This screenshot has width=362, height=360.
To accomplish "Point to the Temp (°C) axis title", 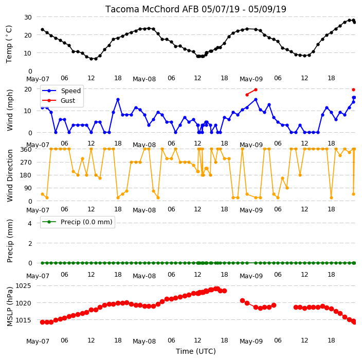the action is coord(9,44).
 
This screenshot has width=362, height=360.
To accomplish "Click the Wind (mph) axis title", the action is coord(10,110).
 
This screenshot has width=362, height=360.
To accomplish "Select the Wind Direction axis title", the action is coord(10,175).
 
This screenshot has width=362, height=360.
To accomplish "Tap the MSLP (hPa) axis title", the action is coord(10,307).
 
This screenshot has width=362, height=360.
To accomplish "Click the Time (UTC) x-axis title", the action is coord(196,351).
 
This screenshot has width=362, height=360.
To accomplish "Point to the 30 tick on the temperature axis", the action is coord(28,17).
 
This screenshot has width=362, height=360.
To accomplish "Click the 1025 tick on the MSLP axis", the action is coord(23,285).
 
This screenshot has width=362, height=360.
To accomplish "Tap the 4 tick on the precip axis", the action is coord(30,223).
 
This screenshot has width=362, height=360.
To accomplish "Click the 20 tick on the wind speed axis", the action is coord(28,89).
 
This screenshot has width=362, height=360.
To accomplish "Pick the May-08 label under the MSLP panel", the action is coord(144,341).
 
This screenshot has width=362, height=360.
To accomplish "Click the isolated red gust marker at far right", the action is coord(353,89).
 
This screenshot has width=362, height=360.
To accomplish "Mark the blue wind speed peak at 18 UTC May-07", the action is coord(118,100).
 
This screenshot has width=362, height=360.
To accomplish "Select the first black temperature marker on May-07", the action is coord(43,29).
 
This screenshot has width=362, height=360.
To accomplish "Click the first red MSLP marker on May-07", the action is coord(43,322).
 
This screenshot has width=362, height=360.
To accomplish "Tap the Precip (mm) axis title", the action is coord(10,241).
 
